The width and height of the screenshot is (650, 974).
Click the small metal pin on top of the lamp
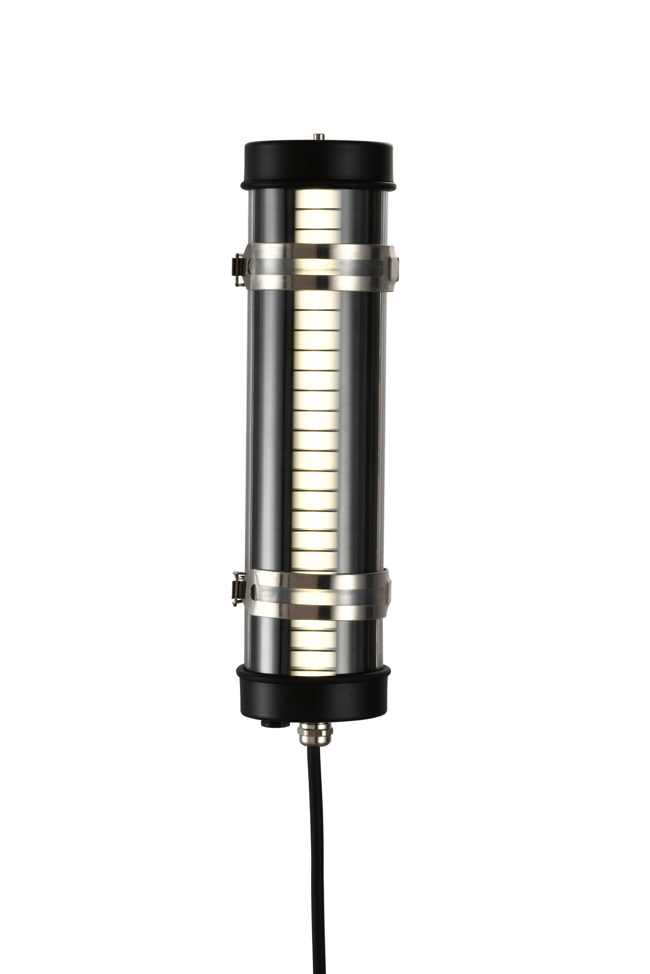[x=318, y=136]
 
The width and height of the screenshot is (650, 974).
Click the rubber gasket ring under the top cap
[x=318, y=184]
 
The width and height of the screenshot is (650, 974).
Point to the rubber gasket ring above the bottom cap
[x=313, y=671]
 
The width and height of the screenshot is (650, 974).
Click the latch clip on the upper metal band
[x=238, y=269]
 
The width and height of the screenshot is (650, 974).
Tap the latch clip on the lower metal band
[x=238, y=588]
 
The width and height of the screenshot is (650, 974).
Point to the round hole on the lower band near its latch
[x=251, y=588]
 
